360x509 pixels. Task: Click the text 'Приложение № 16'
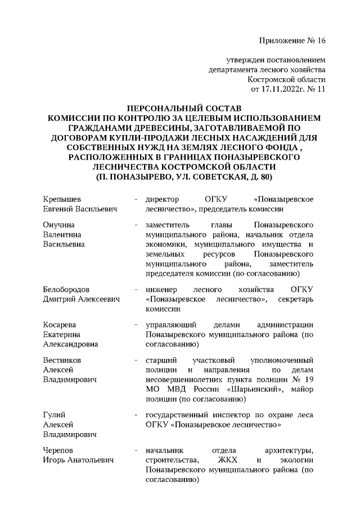point(292,40)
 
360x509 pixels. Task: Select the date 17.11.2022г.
point(280,89)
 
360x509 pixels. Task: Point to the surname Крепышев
point(62,199)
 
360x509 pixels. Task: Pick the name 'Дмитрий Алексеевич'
point(82,299)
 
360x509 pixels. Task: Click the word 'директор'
point(162,199)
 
